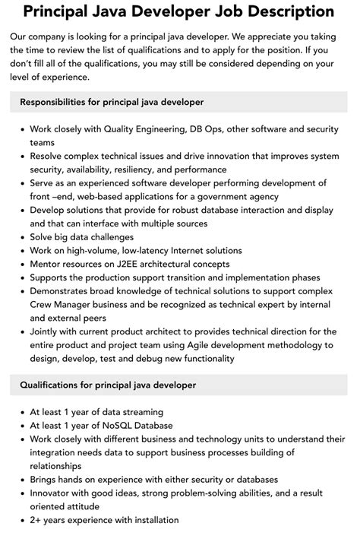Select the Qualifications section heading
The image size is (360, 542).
coord(108,385)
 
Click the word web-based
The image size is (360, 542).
coord(97,197)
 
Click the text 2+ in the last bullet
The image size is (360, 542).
coord(37,520)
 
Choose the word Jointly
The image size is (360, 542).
coord(47,331)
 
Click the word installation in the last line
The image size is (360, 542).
coord(151,520)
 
